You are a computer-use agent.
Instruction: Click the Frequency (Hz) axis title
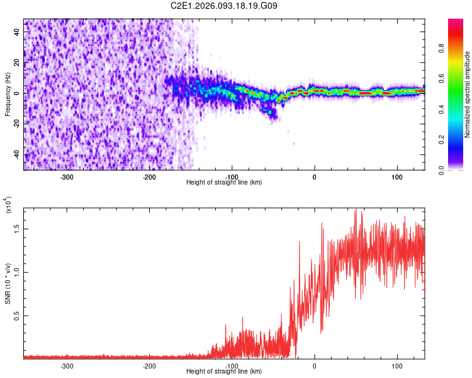[x=8, y=94]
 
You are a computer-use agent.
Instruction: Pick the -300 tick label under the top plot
[x=67, y=177]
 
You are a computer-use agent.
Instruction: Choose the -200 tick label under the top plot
[x=149, y=177]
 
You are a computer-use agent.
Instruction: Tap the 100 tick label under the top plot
[x=397, y=177]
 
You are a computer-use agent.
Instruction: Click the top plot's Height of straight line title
[x=224, y=183]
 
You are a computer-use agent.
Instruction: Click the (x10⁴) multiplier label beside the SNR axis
[x=8, y=205]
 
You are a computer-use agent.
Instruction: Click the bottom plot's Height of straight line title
[x=224, y=372]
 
